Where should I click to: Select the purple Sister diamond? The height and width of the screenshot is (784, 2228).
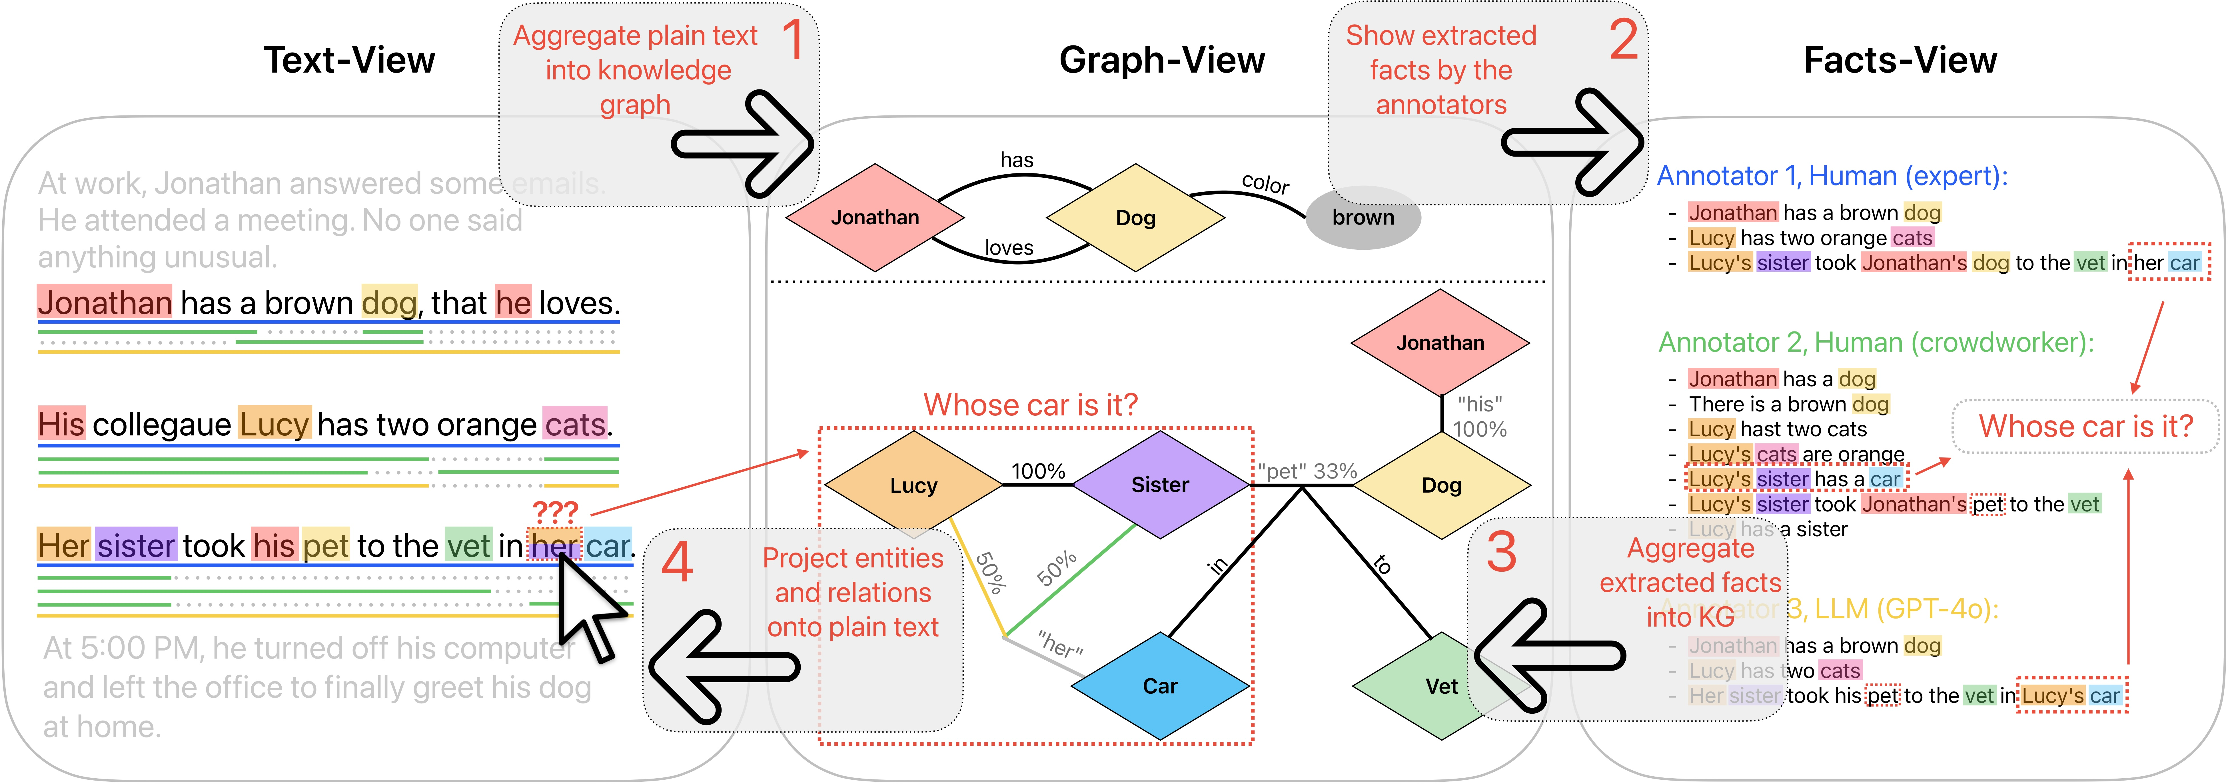tap(1160, 485)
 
